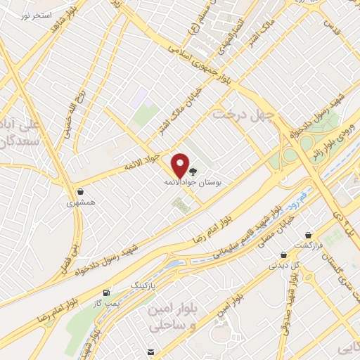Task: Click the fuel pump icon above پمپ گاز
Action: tap(106, 292)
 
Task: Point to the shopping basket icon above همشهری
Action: tap(81, 191)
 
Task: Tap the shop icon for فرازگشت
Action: tap(308, 236)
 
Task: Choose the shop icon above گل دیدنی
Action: tap(283, 255)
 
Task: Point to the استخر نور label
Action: tap(31, 15)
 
